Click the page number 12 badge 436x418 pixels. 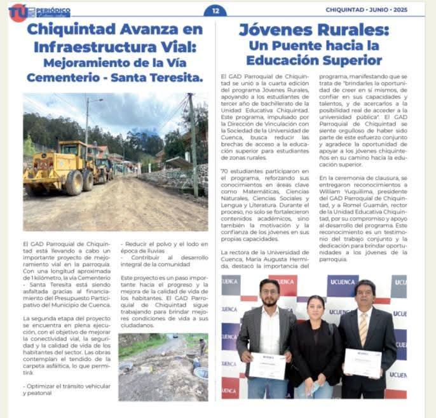[215, 10]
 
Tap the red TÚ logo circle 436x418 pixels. [17, 12]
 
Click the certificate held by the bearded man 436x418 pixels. [268, 366]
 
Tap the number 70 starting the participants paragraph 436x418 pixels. [223, 171]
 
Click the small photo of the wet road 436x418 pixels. [163, 367]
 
